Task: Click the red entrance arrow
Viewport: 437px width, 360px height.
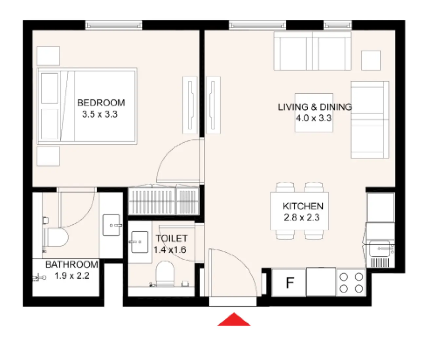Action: [234, 320]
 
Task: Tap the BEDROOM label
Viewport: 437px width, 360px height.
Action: [101, 103]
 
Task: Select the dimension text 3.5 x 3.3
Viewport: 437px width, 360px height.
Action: [100, 115]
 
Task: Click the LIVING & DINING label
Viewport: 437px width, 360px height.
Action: [314, 107]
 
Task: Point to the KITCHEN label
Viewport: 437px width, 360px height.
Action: [303, 206]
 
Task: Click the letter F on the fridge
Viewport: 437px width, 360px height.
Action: [290, 283]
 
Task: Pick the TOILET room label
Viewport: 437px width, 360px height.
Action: [171, 238]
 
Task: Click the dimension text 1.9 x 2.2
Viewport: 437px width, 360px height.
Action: [71, 276]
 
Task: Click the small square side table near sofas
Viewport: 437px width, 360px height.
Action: [371, 60]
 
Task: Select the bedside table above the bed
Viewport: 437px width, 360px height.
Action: [48, 56]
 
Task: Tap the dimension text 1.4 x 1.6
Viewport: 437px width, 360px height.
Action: [170, 250]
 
